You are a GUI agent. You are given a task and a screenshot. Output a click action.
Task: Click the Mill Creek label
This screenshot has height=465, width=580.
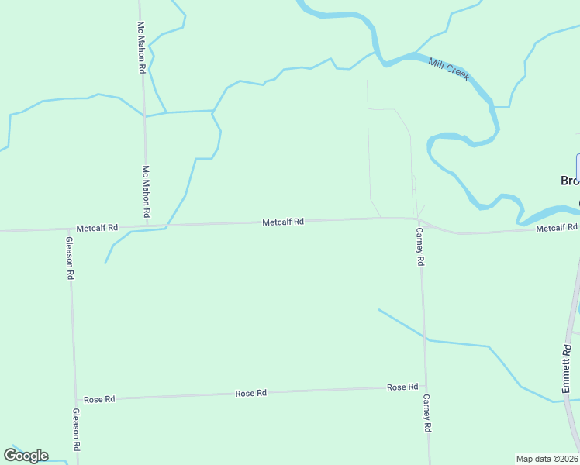tap(449, 67)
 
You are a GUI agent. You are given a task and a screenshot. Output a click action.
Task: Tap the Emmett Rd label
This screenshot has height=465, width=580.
tap(566, 361)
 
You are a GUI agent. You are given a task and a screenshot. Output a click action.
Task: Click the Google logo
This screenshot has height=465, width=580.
tap(26, 456)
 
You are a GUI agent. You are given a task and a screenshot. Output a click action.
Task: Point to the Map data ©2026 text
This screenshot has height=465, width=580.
tap(547, 459)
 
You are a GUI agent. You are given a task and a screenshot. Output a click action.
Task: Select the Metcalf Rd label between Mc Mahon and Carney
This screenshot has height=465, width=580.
tap(282, 222)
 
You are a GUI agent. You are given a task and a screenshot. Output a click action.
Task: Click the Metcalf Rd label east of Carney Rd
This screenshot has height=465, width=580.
tap(557, 227)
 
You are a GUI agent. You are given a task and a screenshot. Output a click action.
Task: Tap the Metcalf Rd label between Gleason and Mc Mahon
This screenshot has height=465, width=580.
tap(97, 228)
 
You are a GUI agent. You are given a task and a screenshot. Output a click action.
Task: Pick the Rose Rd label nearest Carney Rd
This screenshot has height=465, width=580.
tap(402, 387)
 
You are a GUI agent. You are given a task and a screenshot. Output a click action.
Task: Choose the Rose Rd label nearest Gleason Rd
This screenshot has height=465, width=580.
tap(99, 399)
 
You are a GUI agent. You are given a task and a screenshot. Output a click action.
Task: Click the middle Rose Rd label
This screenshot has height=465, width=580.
tap(250, 393)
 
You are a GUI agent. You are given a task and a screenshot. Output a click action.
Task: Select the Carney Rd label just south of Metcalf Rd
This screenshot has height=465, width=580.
tap(419, 246)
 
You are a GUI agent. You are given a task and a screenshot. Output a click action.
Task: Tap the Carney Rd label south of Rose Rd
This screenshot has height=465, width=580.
tap(426, 413)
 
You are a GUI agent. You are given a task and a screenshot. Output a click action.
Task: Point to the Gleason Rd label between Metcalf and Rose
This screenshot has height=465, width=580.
tap(70, 257)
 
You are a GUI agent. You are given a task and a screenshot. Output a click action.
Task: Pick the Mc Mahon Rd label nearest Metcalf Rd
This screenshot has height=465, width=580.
tap(146, 191)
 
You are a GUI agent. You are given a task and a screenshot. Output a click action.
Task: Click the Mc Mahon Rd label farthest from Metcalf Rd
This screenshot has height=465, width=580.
tap(142, 47)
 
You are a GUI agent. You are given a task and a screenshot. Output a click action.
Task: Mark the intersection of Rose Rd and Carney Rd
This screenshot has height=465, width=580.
tap(425, 386)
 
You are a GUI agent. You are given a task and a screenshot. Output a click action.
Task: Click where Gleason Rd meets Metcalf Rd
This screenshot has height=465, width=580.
tap(68, 229)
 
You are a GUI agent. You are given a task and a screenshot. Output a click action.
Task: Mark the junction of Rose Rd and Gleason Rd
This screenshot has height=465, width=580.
tap(75, 400)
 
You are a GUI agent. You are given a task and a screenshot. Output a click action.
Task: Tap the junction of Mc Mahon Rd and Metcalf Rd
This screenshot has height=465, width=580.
tap(147, 226)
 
